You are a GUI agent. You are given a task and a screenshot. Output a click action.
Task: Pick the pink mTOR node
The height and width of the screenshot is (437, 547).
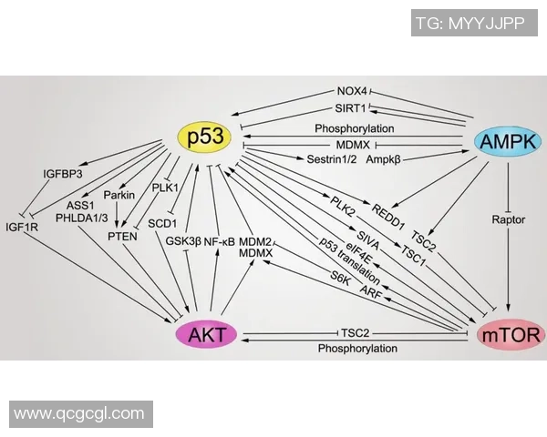coord(511,335)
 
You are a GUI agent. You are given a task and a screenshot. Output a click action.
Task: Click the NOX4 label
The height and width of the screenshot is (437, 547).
coord(351,92)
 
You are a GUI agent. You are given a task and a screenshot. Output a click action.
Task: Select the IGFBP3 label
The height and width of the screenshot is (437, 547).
coord(62,174)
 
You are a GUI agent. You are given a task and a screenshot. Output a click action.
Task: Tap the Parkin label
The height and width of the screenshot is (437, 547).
coord(119,195)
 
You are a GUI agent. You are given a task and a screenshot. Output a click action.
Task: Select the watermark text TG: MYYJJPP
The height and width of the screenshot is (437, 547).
coord(482,24)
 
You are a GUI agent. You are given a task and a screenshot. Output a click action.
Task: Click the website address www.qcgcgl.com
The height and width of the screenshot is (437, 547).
coord(79,413)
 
